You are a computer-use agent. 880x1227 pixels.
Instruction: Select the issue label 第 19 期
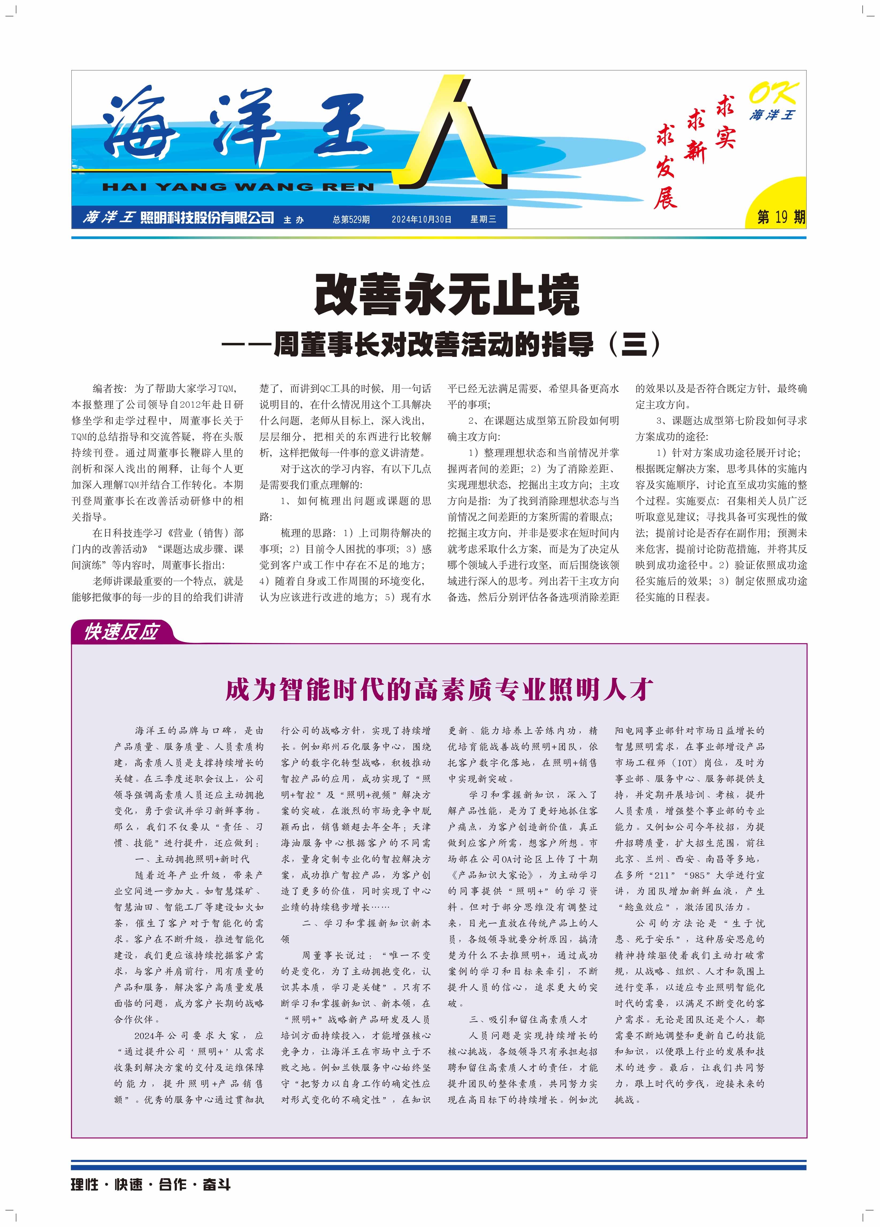780,217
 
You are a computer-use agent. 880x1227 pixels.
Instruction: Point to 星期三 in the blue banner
483,219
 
